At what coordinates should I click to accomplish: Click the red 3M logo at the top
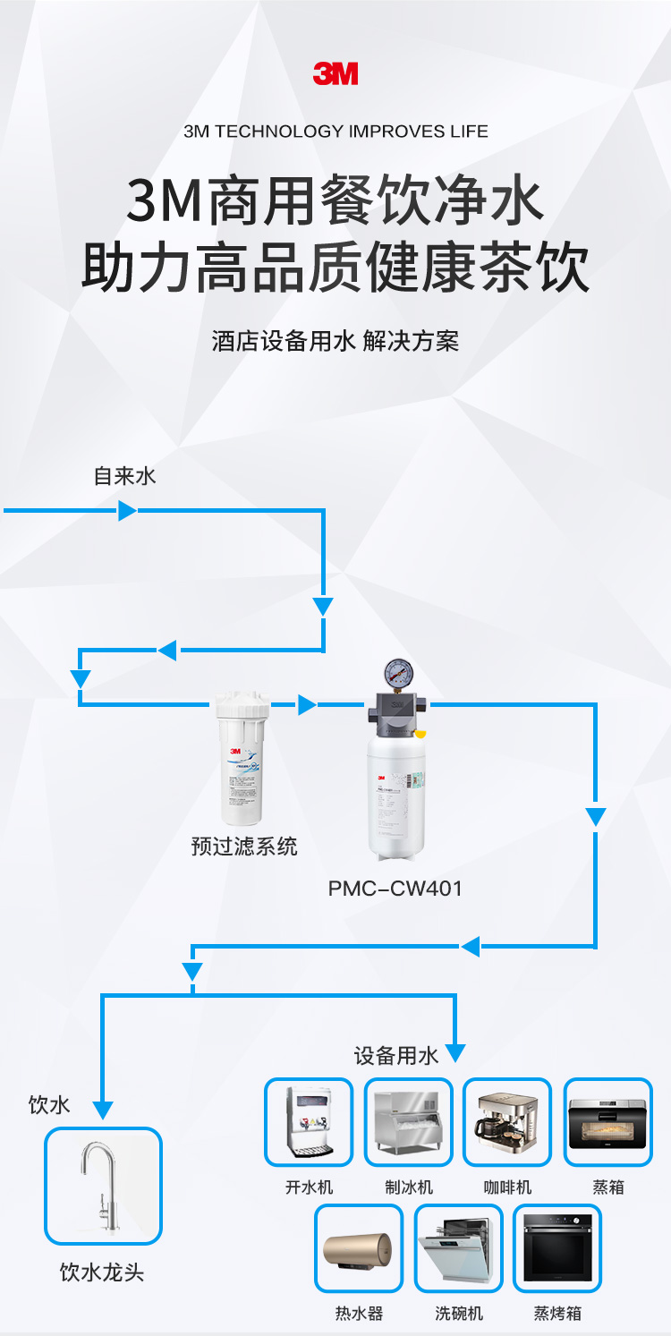pos(335,73)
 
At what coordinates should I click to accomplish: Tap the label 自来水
pos(124,476)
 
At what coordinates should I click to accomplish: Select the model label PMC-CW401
pos(395,889)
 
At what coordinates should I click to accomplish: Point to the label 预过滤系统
pos(244,846)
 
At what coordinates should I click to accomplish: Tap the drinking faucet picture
pos(104,1186)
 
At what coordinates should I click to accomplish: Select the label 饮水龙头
pos(102,1272)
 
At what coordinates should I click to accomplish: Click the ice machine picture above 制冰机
pos(409,1122)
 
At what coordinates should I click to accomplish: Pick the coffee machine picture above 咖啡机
pos(507,1122)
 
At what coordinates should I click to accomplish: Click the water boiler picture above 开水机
pos(309,1122)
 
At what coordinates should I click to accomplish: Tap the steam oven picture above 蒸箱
pos(608,1122)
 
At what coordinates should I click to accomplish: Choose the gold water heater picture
pos(359,1248)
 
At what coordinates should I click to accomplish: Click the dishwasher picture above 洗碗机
pos(459,1248)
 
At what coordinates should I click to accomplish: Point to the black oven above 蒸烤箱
pos(557,1248)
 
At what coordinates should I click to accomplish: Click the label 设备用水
pos(396,1056)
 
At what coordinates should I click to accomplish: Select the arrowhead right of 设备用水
pos(455,1053)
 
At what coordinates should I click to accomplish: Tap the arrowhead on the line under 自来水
pos(127,511)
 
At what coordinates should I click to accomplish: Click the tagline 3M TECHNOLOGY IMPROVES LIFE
pos(335,132)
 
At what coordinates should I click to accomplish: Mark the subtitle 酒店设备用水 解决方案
pos(335,342)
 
